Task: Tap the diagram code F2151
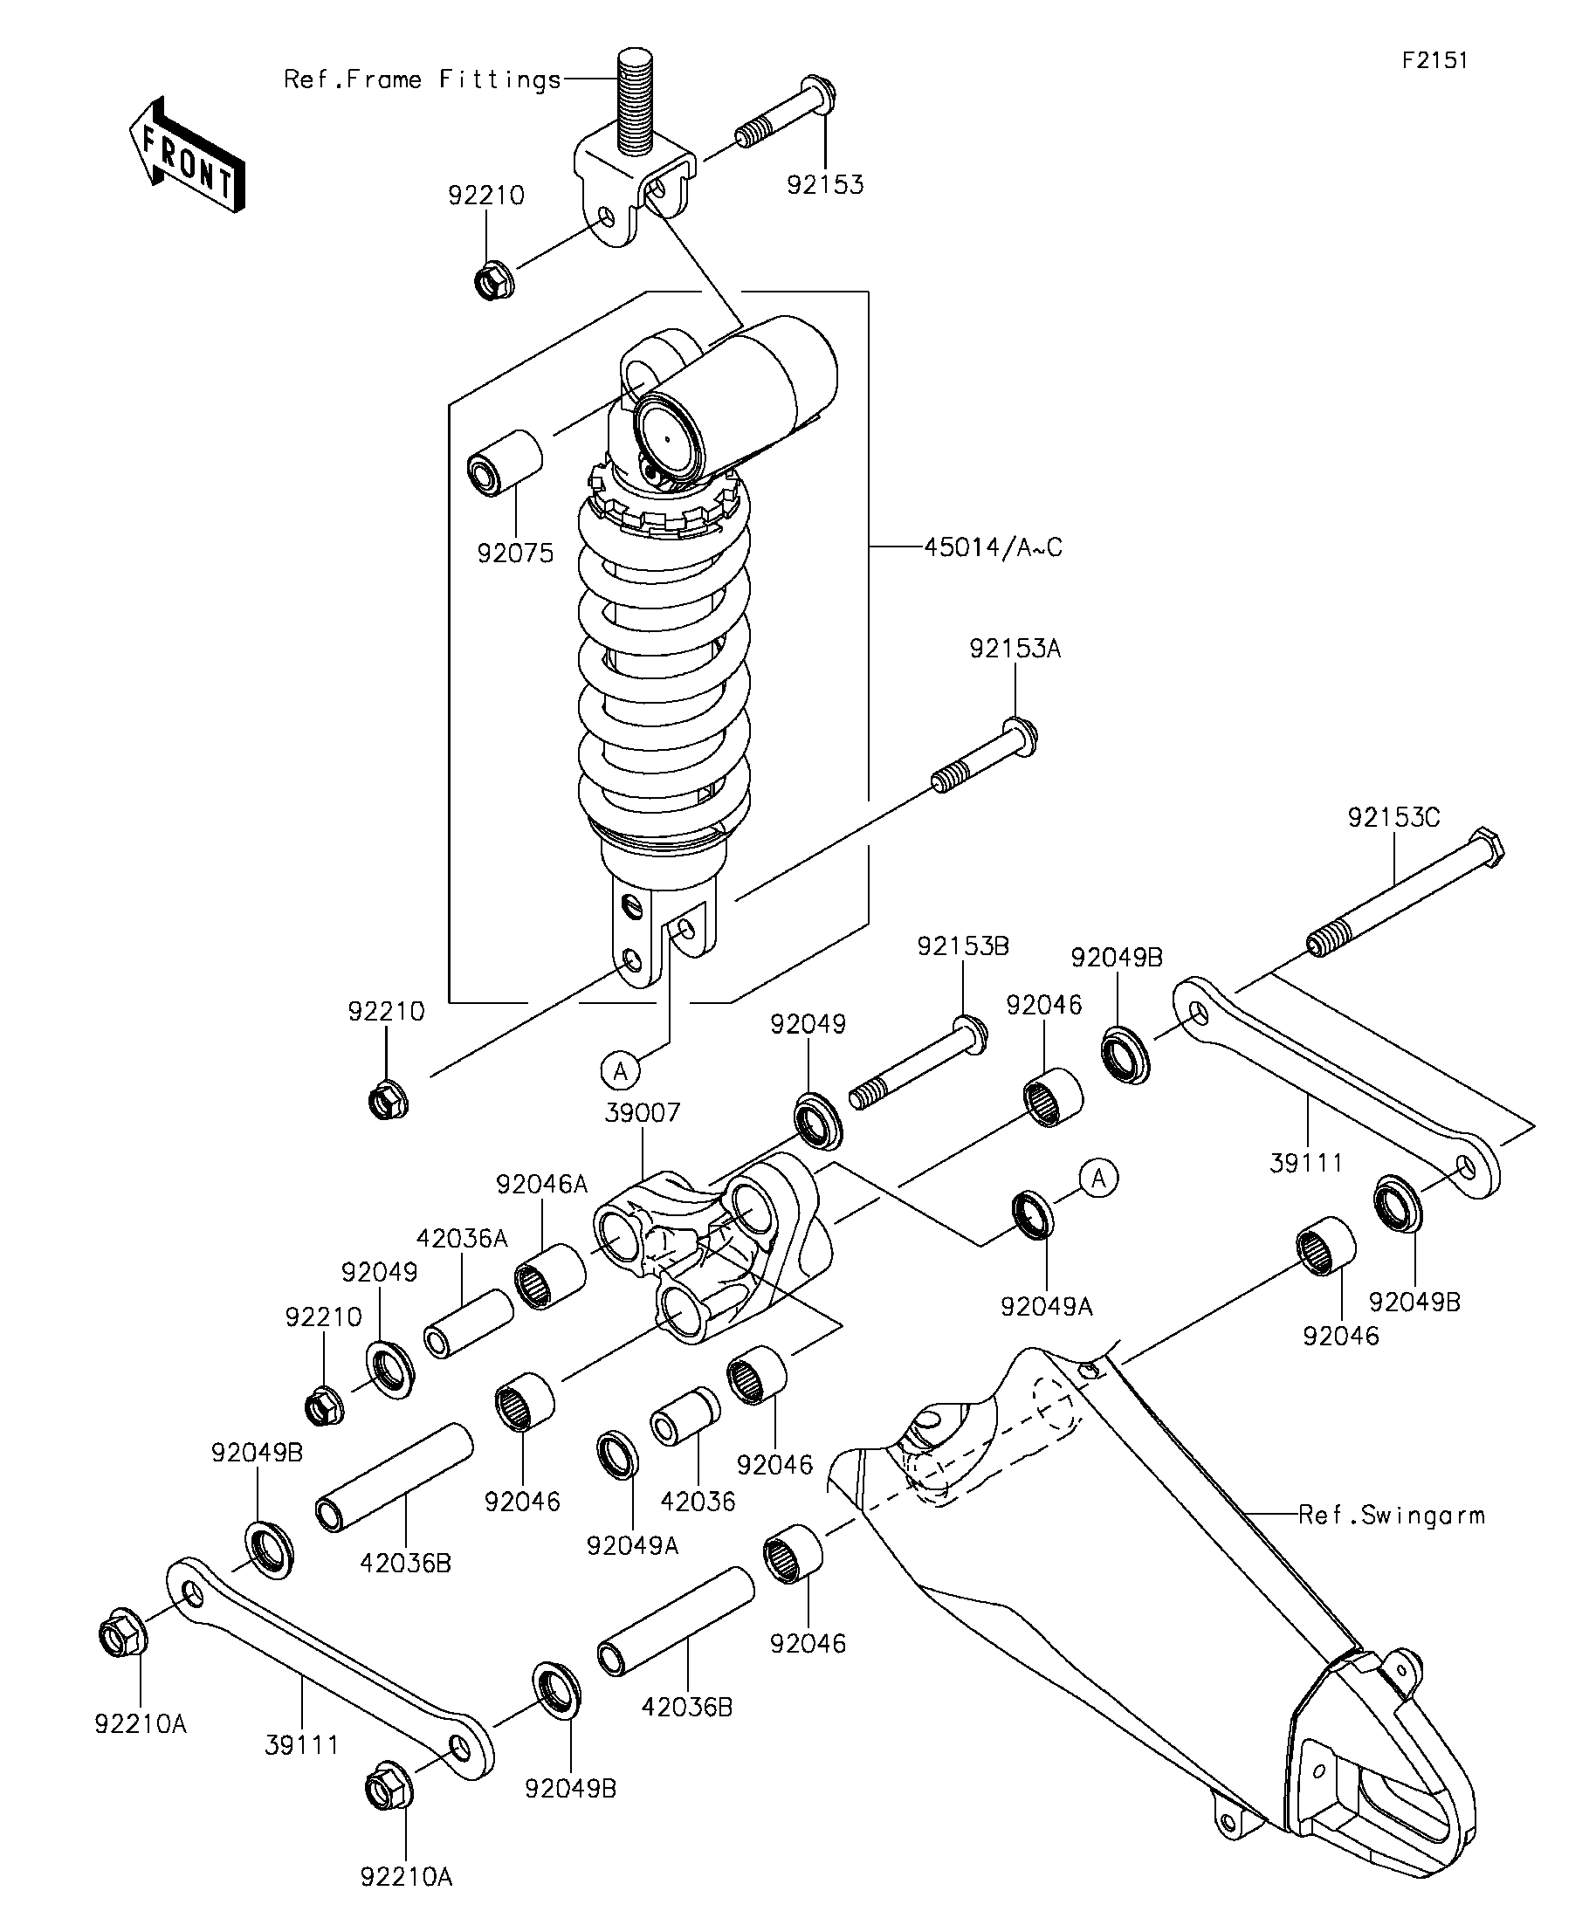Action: pos(1434,60)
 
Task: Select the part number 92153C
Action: pos(1393,818)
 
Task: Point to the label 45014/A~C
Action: pos(993,547)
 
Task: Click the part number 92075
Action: pos(515,553)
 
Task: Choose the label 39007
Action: pos(642,1113)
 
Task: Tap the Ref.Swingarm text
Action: pos(1392,1516)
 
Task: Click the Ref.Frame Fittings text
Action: pos(422,79)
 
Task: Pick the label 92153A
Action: pos(1015,649)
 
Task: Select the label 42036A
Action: pos(461,1239)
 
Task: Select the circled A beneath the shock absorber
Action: pos(621,1069)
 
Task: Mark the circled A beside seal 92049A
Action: pos(1099,1178)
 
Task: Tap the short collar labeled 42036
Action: pos(684,1417)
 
